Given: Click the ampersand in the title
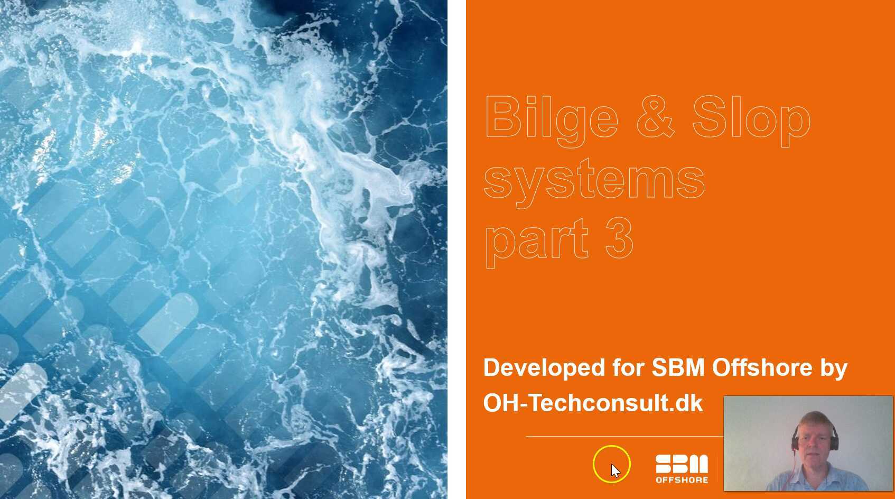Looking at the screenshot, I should tap(655, 117).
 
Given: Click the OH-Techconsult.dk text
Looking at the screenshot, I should tap(593, 403).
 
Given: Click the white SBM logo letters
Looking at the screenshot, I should tap(682, 464).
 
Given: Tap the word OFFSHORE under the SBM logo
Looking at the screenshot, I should tap(682, 480).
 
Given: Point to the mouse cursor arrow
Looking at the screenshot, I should tap(615, 470).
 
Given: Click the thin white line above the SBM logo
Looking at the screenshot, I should tap(623, 437).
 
